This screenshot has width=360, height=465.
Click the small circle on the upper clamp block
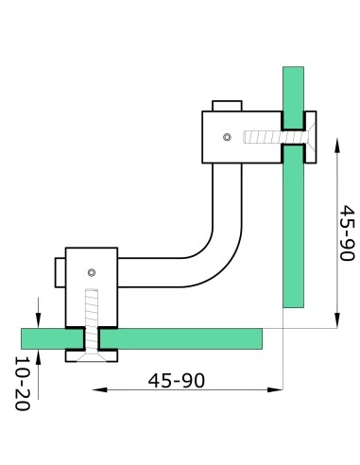pyautogui.click(x=226, y=137)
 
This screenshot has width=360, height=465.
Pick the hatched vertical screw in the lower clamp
pyautogui.click(x=91, y=315)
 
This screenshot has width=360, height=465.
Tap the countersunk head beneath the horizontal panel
pyautogui.click(x=91, y=354)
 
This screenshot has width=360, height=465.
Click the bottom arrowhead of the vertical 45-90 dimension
pyautogui.click(x=338, y=321)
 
